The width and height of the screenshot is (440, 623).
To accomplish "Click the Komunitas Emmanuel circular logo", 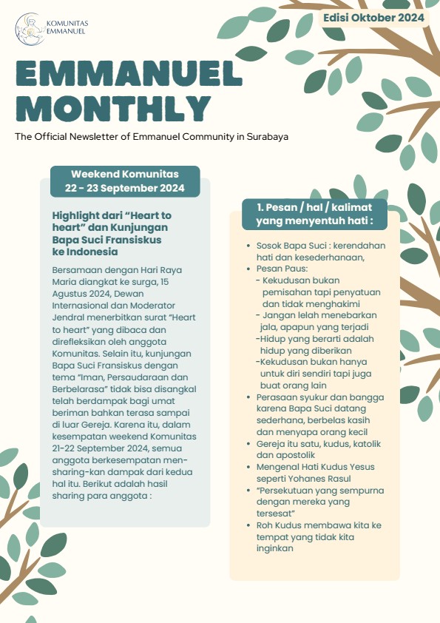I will (x=27, y=27).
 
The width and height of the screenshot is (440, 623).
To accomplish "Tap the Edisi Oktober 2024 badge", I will (x=373, y=17).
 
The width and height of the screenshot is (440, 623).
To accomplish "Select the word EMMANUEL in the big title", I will (x=129, y=75).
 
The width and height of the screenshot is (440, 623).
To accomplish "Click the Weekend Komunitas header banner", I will (x=125, y=175).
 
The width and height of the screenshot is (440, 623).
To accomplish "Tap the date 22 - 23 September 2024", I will (x=125, y=188).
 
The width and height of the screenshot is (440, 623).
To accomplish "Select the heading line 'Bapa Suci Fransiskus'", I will (x=106, y=240).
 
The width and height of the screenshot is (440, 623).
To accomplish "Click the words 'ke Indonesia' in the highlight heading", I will (x=85, y=252).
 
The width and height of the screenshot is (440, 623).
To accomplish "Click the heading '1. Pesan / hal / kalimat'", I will (x=314, y=206).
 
